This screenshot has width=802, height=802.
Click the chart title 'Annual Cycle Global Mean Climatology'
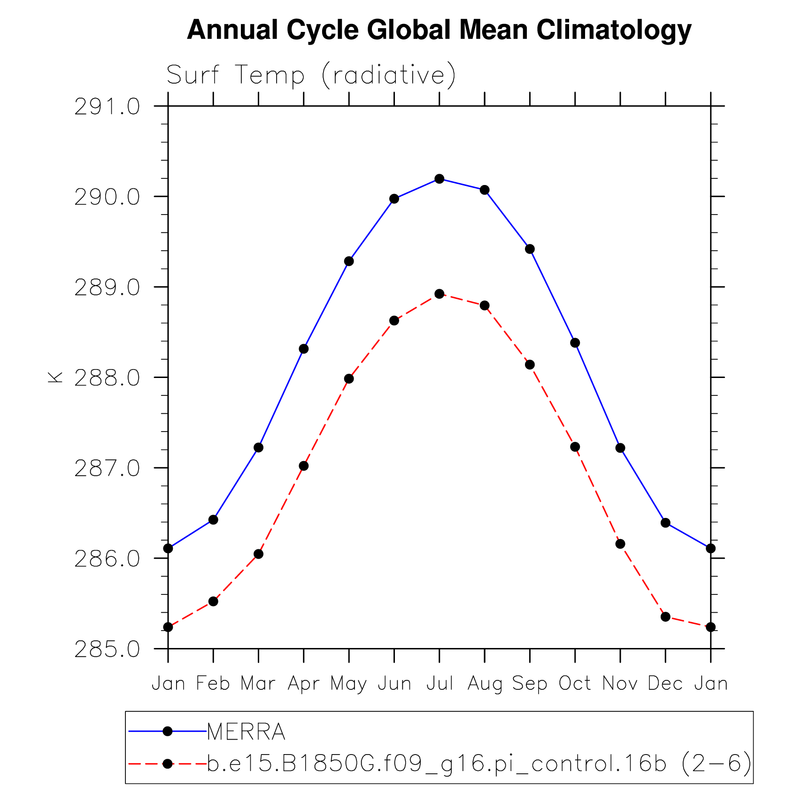[439, 30]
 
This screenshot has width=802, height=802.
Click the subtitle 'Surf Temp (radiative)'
[311, 75]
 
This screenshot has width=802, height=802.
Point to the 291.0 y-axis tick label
[107, 108]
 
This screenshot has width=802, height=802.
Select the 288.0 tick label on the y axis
[107, 378]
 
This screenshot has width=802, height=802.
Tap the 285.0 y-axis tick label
[107, 649]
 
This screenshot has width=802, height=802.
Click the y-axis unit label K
[55, 377]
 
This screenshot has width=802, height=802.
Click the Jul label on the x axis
[440, 684]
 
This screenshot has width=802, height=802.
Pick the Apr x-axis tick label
[303, 684]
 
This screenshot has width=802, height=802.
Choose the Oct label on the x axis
[575, 684]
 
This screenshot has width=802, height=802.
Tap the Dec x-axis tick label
[665, 684]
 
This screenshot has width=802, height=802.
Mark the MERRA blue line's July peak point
[440, 179]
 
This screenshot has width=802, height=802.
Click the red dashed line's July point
[440, 294]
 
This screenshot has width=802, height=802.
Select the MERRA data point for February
[213, 520]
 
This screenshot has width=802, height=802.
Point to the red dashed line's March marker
[258, 554]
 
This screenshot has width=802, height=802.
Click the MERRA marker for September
[530, 249]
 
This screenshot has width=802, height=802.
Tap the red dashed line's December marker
[665, 617]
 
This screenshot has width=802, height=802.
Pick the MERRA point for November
[620, 448]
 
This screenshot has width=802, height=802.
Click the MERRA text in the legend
[246, 732]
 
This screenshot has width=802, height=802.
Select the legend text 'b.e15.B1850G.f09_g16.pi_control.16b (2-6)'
[479, 764]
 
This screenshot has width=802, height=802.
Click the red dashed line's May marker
[349, 378]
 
